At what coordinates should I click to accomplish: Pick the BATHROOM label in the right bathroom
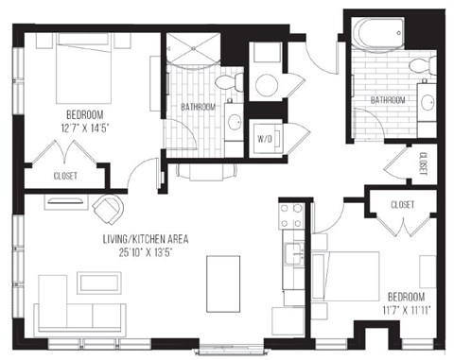tap(388, 100)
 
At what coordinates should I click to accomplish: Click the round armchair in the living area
tap(108, 208)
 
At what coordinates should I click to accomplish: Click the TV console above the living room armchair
tap(64, 199)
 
